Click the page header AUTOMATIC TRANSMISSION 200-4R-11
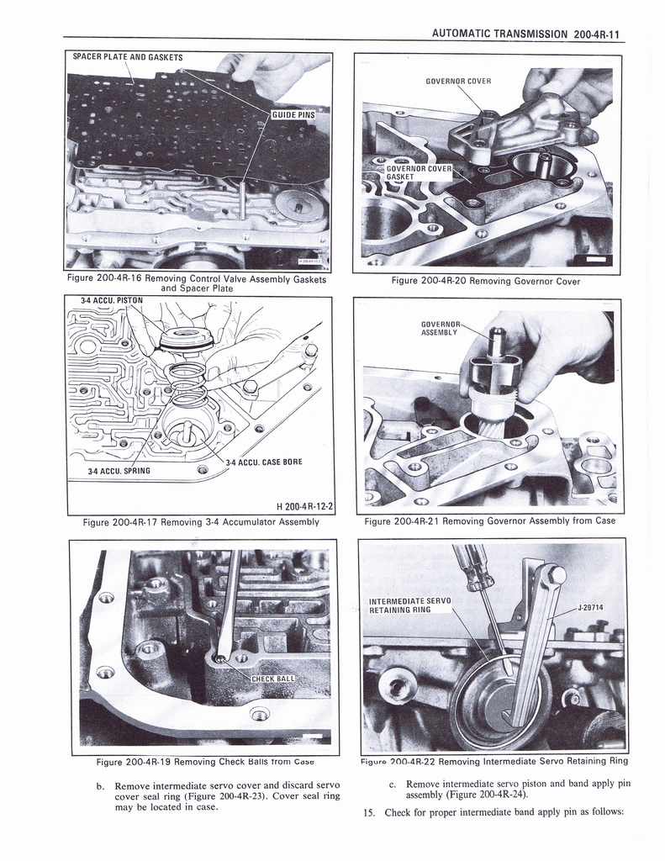pyautogui.click(x=525, y=34)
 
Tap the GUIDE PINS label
pyautogui.click(x=293, y=115)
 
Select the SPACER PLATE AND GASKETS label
pyautogui.click(x=128, y=57)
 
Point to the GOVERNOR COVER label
pyautogui.click(x=458, y=82)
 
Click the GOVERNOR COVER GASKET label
pyautogui.click(x=418, y=172)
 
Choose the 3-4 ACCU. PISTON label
pyautogui.click(x=112, y=299)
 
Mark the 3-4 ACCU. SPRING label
pyautogui.click(x=119, y=470)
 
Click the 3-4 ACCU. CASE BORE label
pyautogui.click(x=264, y=462)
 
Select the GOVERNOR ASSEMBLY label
pyautogui.click(x=441, y=327)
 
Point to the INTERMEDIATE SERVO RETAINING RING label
pyautogui.click(x=410, y=605)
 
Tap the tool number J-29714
pyautogui.click(x=591, y=607)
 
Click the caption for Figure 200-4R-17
pyautogui.click(x=201, y=522)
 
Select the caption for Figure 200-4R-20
pyautogui.click(x=486, y=281)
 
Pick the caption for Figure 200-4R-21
pyautogui.click(x=490, y=521)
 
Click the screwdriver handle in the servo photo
pyautogui.click(x=472, y=567)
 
